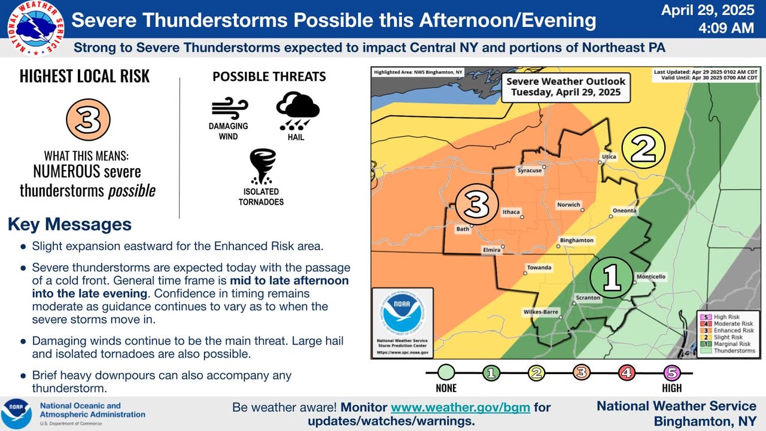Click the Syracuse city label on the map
click(530, 171)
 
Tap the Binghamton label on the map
click(576, 240)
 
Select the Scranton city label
click(588, 298)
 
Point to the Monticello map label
click(651, 277)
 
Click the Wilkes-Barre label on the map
click(540, 312)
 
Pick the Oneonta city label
click(624, 210)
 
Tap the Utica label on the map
click(609, 156)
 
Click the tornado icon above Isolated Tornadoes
click(262, 166)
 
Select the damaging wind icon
click(230, 108)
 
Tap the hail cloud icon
click(297, 111)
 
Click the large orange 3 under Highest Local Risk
click(88, 120)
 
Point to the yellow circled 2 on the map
click(643, 148)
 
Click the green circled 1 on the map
click(612, 278)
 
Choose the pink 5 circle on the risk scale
click(671, 373)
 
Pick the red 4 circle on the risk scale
click(627, 373)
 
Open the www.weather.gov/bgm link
click(460, 408)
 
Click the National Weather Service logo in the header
click(35, 28)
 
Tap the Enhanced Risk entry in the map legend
click(729, 330)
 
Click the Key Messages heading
click(69, 224)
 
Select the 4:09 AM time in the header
click(726, 28)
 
